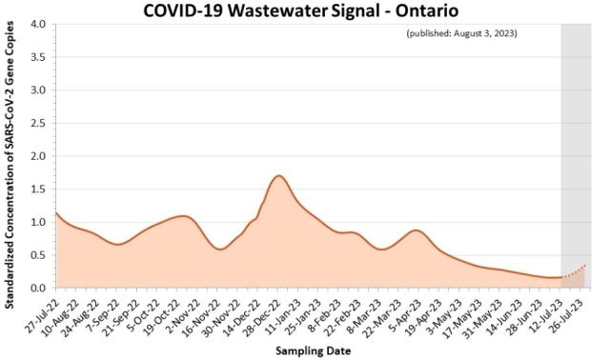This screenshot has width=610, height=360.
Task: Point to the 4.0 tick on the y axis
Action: (x=38, y=24)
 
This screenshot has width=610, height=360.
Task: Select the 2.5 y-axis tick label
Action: (x=38, y=123)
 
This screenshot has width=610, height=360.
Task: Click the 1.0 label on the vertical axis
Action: (x=38, y=222)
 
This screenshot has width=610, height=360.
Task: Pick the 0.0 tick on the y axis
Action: (x=38, y=288)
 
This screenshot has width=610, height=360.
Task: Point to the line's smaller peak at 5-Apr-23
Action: (x=416, y=230)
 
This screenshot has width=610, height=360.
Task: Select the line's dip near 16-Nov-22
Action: (x=219, y=250)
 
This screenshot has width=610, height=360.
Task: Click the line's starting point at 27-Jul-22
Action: (x=56, y=212)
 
